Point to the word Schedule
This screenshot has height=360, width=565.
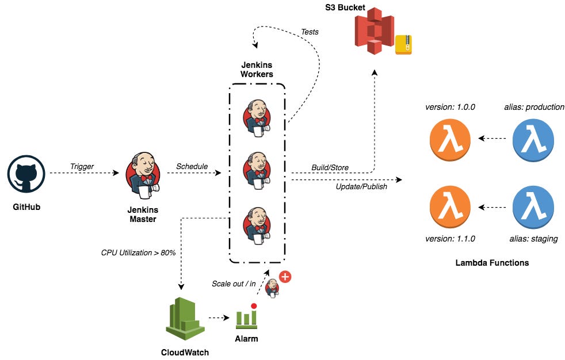tap(192, 166)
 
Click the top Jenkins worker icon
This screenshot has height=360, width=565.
tap(257, 117)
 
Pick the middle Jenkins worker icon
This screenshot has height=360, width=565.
tap(257, 170)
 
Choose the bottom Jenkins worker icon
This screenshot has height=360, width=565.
tap(257, 223)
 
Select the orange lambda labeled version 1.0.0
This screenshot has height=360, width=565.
tap(450, 139)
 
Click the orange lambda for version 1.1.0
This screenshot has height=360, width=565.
tap(450, 208)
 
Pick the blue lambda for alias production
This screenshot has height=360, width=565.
tap(533, 139)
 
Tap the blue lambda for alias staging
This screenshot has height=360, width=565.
tap(533, 208)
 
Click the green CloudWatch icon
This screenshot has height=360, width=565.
tap(185, 319)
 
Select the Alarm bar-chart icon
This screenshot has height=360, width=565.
tap(246, 315)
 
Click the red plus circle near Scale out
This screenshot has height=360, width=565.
tap(284, 277)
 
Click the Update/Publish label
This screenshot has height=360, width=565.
tap(361, 186)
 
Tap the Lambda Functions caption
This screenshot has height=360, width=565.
tap(492, 263)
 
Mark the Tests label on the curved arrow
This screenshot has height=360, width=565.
tap(310, 32)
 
